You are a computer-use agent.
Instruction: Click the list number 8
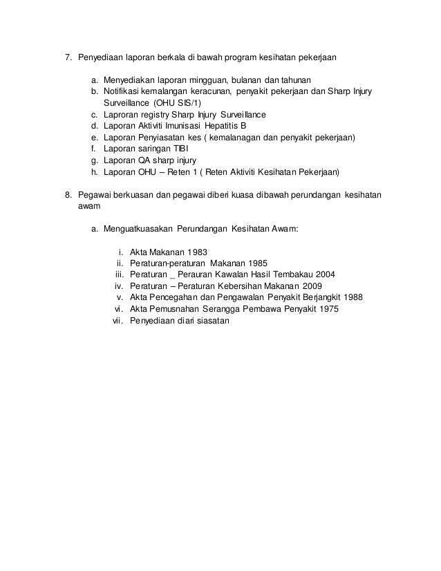tap(68, 195)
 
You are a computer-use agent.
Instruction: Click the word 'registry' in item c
tap(160, 115)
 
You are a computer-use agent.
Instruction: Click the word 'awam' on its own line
tap(87, 206)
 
